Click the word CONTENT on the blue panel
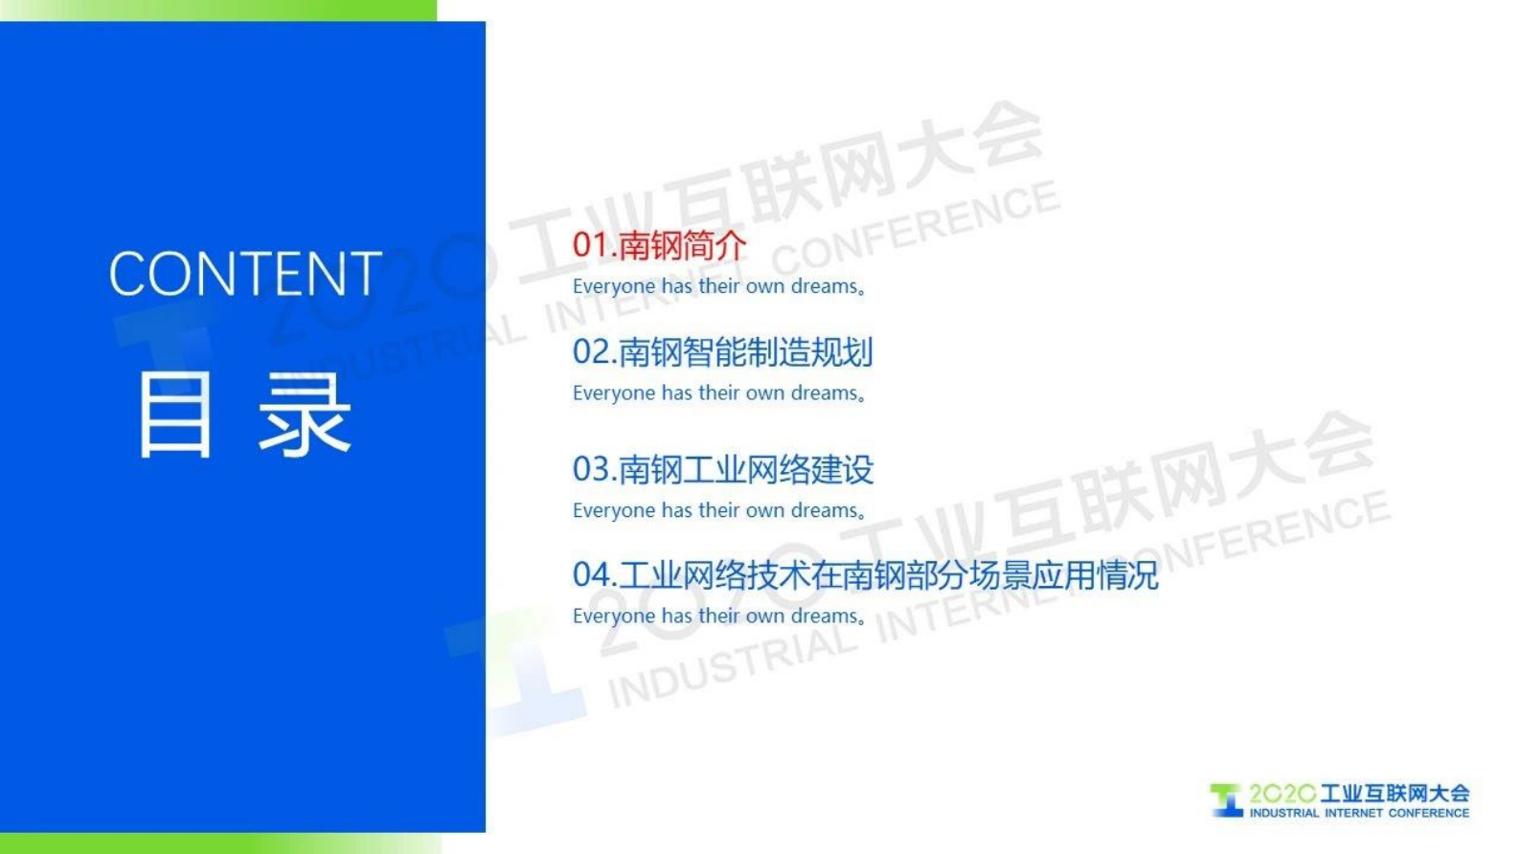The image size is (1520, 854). coord(245,274)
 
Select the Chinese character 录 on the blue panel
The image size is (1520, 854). coord(305,416)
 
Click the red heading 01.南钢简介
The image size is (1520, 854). coord(659,245)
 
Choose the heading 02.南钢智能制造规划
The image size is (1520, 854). coord(722,352)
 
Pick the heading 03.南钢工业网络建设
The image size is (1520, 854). coord(722,469)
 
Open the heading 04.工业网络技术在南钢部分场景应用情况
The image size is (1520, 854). coord(865,574)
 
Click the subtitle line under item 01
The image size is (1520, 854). coord(718,286)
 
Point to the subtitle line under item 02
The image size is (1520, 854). coord(718,393)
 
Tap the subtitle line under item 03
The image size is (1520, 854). coord(718,510)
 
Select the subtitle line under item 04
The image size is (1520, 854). coord(718,616)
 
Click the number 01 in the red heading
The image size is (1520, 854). coord(589,245)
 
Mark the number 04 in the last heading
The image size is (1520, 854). coord(590,574)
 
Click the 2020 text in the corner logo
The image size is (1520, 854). coord(1282,794)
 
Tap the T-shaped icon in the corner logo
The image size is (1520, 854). coord(1225,799)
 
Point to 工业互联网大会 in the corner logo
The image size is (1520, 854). coord(1395,793)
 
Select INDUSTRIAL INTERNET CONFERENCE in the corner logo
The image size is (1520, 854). coord(1358,813)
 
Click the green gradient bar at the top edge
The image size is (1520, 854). coord(218,10)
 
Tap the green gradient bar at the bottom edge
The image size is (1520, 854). coord(218,843)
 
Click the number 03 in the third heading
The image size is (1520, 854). coord(590,469)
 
